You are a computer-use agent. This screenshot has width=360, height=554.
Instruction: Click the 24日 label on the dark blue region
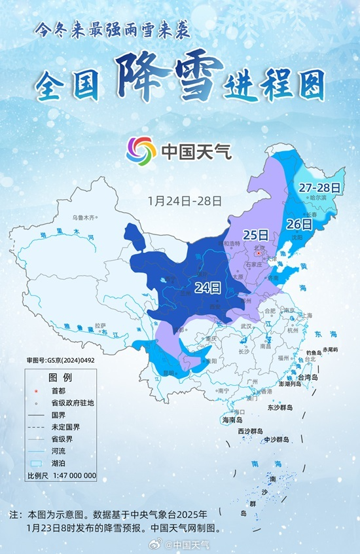(x=207, y=286)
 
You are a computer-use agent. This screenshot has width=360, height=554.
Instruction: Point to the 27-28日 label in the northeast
(x=319, y=187)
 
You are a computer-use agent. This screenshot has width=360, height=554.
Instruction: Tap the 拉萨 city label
(x=100, y=325)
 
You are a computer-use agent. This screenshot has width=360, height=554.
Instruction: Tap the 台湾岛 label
(x=306, y=378)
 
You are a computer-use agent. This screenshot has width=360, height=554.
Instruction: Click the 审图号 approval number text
(x=56, y=360)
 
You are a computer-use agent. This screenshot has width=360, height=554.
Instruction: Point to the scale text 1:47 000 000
(x=73, y=475)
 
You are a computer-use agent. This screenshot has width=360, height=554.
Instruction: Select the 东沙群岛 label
(x=280, y=407)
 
